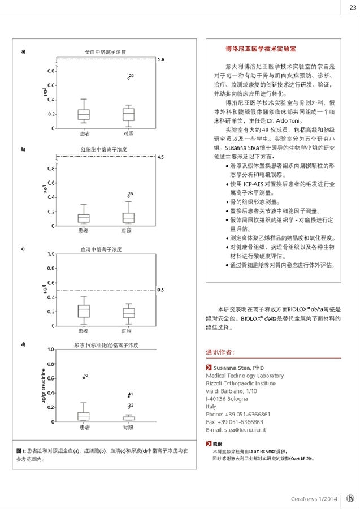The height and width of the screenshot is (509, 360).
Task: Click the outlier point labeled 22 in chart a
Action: click(129, 76)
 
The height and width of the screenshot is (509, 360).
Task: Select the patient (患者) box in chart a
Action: click(83, 114)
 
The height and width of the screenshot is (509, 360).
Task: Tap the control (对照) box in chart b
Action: click(128, 218)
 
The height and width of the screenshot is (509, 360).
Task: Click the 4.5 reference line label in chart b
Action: click(160, 157)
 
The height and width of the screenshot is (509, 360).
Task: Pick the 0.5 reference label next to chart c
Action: click(160, 290)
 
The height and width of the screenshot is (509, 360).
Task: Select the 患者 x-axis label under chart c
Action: click(83, 330)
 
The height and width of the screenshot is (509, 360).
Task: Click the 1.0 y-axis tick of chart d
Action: click(51, 350)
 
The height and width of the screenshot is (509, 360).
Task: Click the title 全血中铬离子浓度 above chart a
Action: click(105, 52)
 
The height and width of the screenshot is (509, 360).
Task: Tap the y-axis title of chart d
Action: click(43, 386)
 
